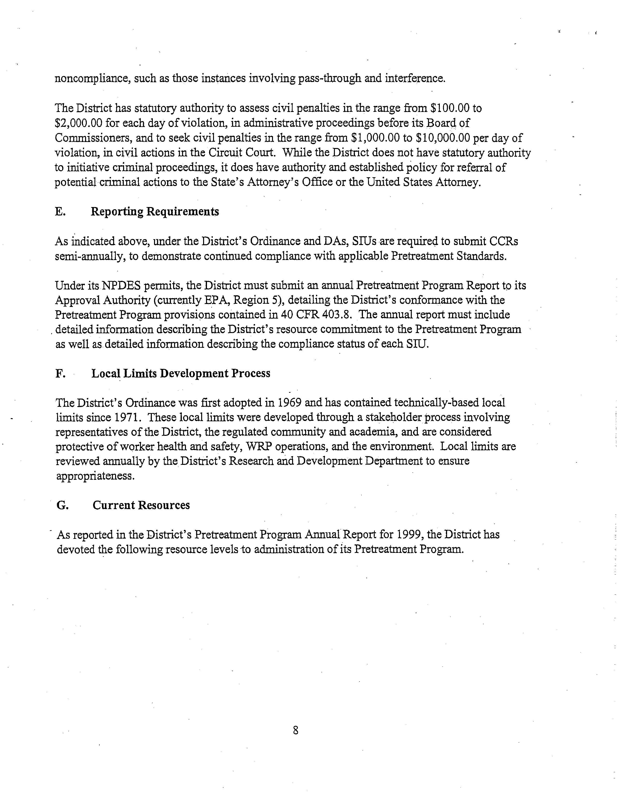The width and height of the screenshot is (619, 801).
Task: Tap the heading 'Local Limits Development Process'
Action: pos(180,373)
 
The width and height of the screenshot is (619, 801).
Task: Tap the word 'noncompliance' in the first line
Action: pos(91,79)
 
